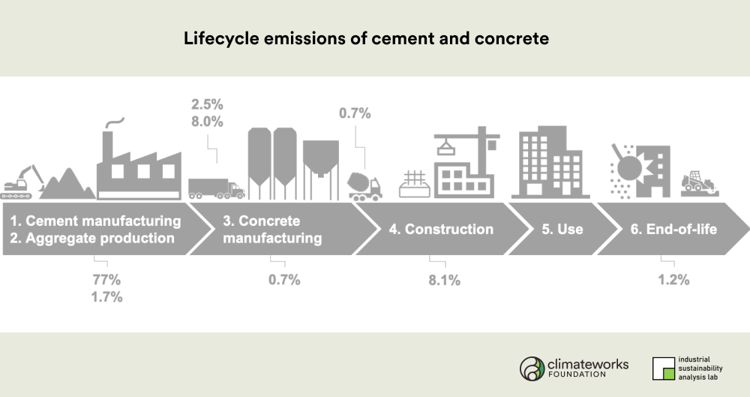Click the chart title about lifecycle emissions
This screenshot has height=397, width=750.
point(367,38)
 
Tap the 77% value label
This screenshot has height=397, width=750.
point(106,279)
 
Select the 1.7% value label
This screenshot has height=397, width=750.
point(106,297)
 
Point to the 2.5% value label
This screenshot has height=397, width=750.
point(207,104)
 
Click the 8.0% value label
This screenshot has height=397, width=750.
point(207,122)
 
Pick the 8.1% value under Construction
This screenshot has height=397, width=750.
point(444,280)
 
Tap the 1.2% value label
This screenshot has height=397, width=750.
point(673,280)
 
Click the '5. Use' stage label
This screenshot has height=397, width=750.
point(562,229)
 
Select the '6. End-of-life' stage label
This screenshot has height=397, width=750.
point(673,229)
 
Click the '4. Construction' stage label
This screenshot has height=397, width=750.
point(441,229)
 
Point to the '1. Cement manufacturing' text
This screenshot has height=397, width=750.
point(96,221)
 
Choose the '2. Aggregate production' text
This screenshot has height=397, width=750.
point(92,238)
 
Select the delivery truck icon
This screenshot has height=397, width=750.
point(216,188)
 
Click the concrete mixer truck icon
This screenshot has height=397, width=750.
point(365,186)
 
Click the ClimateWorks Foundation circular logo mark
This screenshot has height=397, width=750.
point(532,368)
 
